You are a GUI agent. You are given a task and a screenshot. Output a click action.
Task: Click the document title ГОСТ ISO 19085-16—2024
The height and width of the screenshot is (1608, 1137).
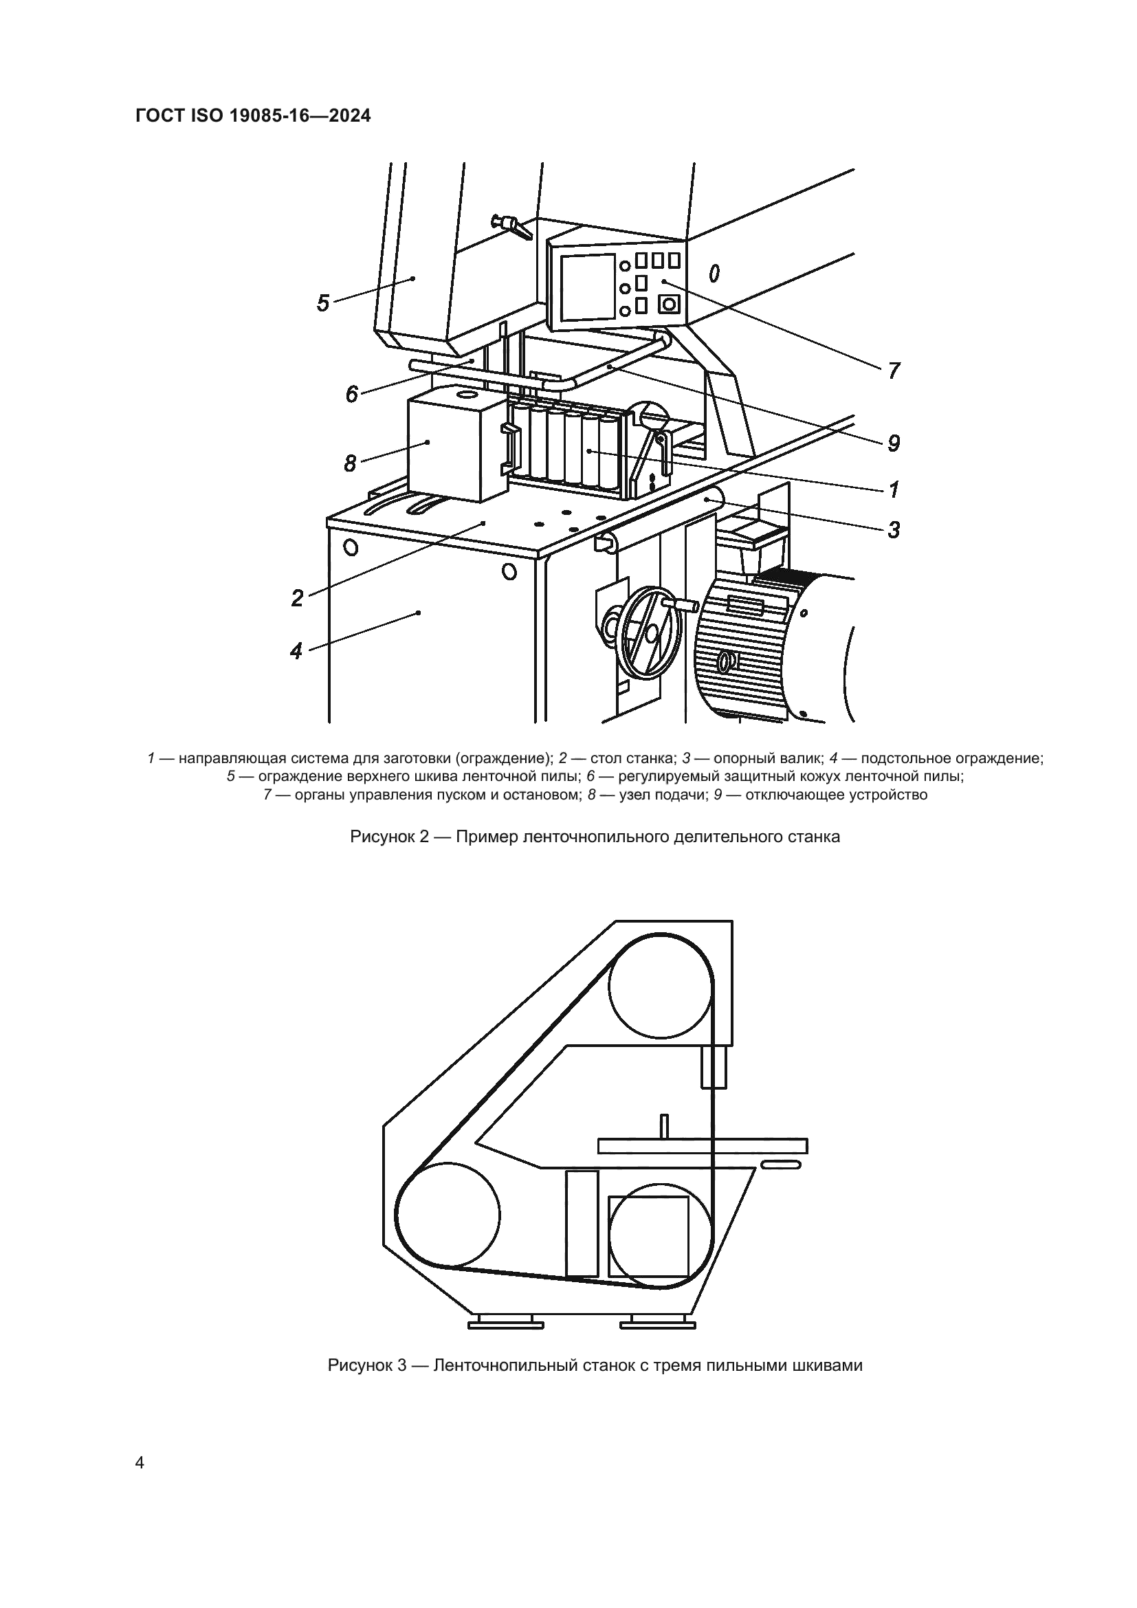[x=253, y=116]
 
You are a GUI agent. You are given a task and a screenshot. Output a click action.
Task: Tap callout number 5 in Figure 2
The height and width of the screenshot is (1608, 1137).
[x=323, y=303]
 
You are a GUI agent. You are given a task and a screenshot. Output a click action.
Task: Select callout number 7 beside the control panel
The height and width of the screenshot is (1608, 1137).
[x=894, y=371]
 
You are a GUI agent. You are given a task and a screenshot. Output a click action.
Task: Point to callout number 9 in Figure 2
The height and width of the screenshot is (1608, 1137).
[x=894, y=443]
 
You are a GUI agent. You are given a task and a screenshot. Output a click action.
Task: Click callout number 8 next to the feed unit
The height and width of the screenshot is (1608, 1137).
[x=350, y=463]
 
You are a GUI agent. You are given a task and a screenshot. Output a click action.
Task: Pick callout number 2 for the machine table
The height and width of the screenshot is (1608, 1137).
[x=298, y=598]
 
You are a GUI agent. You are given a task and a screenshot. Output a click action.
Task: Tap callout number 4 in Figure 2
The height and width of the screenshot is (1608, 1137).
[x=296, y=651]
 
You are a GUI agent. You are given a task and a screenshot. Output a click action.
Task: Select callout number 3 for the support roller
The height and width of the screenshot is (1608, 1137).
[x=894, y=530]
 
